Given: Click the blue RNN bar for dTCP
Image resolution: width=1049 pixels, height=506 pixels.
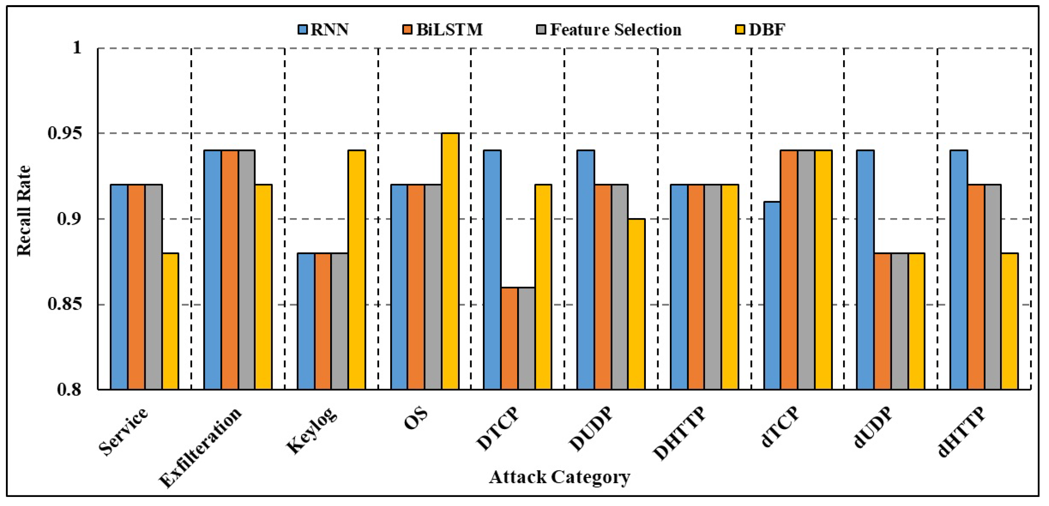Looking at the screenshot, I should point(772,295).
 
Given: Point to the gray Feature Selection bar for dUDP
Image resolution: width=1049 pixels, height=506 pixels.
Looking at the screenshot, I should point(899,321).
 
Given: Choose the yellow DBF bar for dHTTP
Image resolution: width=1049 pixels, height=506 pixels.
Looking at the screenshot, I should point(1010,321).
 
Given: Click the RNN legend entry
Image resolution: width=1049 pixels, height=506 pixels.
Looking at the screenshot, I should point(324,30).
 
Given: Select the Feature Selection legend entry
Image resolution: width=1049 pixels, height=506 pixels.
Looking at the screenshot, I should point(609,30).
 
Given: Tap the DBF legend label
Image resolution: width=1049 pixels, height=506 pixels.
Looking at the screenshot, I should point(767,30).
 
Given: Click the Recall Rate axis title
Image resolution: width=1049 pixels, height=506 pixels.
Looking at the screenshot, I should point(24,211).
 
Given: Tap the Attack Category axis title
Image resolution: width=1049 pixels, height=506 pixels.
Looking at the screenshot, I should point(559,477).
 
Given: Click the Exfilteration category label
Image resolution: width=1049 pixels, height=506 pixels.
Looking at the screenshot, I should point(200,447).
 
